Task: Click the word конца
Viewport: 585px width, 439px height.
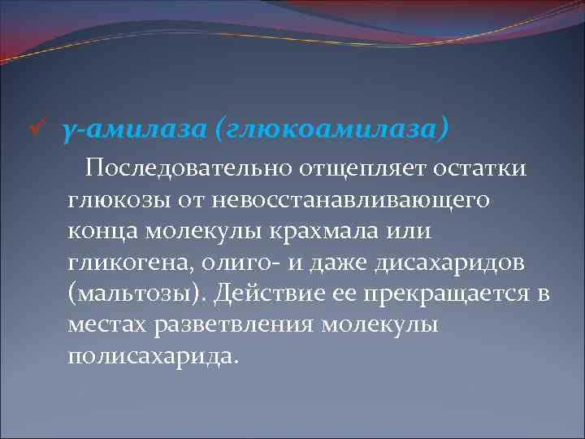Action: click(x=104, y=231)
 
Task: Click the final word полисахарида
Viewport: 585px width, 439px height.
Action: click(x=155, y=355)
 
